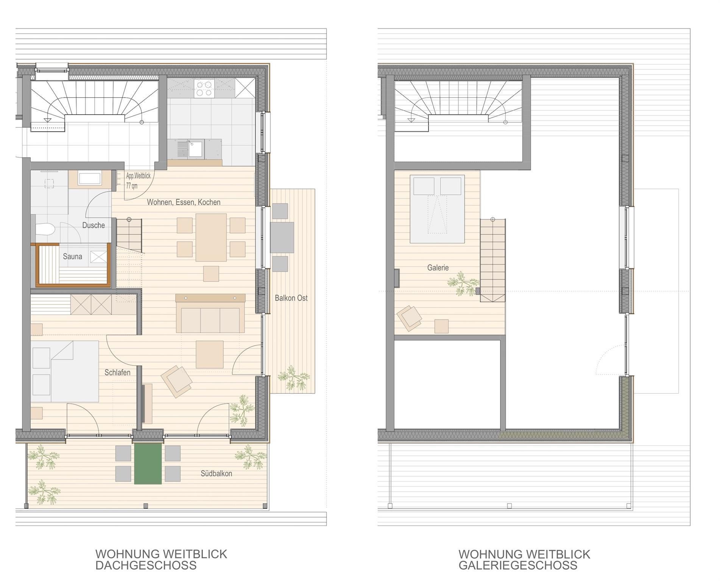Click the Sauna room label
coord(72,256)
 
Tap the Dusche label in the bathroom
coord(94,225)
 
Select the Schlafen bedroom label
coord(117,373)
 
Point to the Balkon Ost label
coord(291,298)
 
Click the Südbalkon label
coord(216,474)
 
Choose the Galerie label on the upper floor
coord(438,268)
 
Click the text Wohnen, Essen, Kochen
coord(184,202)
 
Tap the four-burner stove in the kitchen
coord(204,89)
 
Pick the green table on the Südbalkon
coord(148,464)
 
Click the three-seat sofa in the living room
coord(210,320)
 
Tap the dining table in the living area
coord(211,238)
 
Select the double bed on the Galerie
coord(437,209)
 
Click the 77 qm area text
coord(132,186)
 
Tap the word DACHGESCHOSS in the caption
coord(146,565)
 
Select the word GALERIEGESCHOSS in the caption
coord(518,565)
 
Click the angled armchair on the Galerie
coord(409,318)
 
